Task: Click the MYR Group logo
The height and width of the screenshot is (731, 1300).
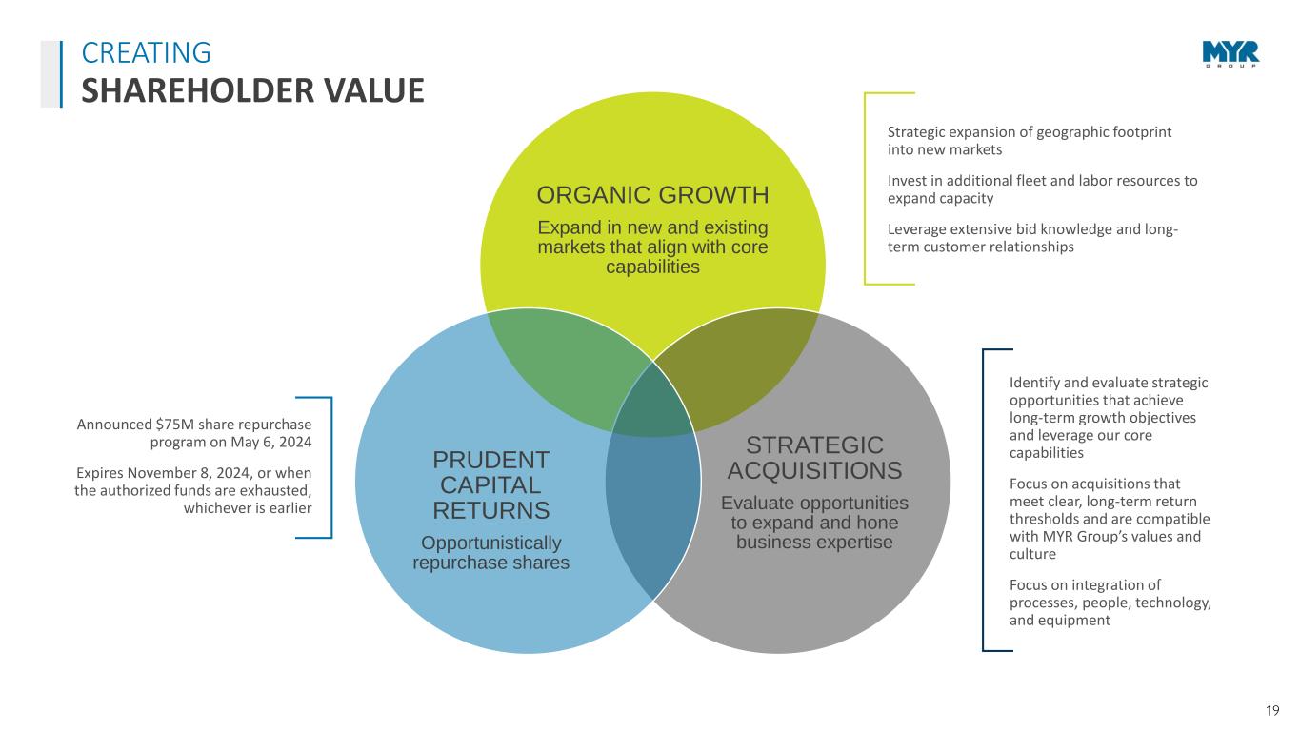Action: point(1230,54)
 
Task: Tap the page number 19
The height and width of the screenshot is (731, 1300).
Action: point(1272,711)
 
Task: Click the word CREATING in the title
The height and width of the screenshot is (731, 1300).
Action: point(147,52)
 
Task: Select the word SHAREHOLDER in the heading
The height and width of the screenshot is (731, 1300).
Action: point(197,90)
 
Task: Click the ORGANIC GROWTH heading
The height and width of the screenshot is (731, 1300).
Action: point(653,195)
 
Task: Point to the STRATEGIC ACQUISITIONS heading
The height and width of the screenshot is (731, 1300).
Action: point(814,458)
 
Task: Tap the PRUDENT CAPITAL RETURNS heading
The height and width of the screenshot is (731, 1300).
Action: point(491,485)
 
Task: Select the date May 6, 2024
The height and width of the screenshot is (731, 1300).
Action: point(271,442)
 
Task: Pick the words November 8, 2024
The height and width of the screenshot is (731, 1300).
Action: point(190,473)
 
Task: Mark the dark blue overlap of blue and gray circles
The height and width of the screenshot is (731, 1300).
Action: point(653,510)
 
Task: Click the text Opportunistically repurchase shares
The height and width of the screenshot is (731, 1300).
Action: point(491,553)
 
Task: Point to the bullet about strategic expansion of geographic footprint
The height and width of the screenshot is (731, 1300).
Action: point(1030,141)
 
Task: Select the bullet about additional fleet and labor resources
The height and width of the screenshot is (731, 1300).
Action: point(1042,189)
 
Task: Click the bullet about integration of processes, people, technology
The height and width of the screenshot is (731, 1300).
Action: point(1110,603)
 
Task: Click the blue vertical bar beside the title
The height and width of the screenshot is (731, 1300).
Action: point(61,74)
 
